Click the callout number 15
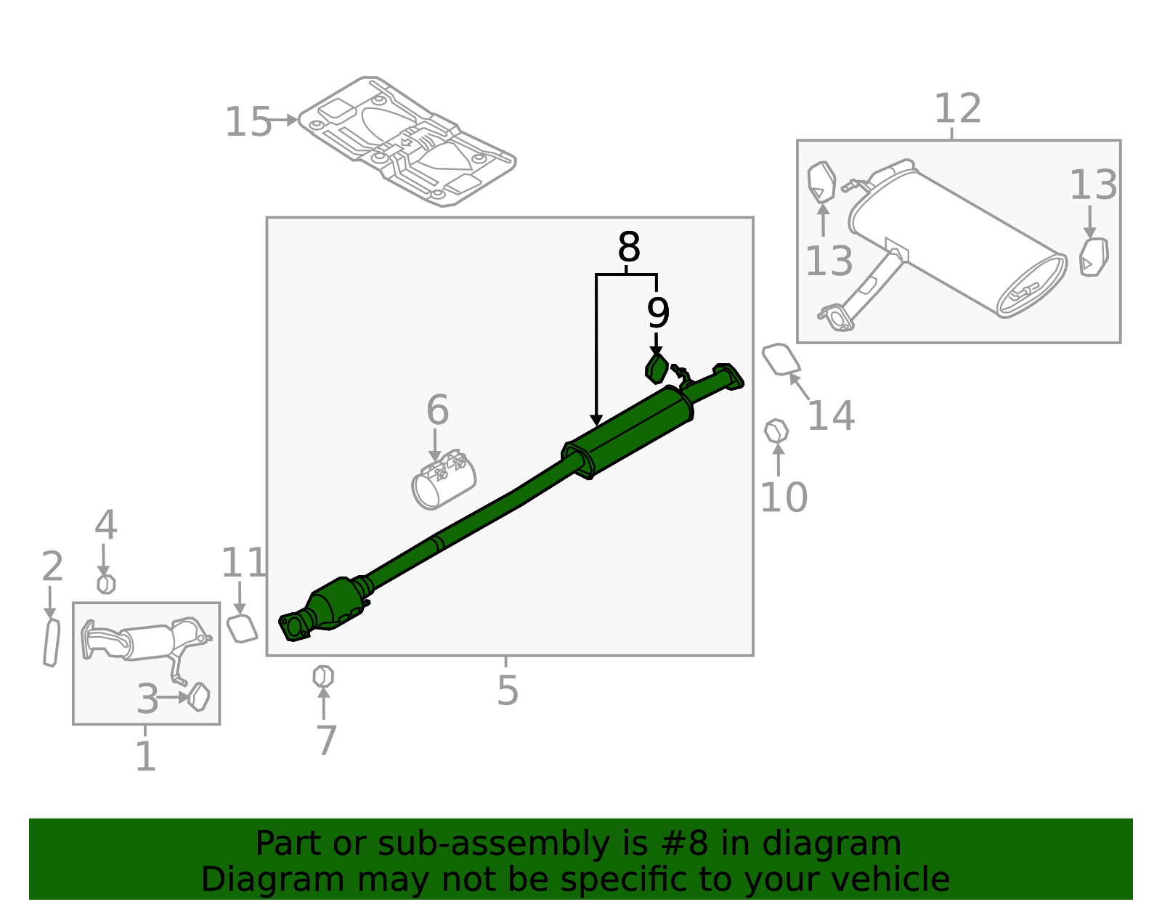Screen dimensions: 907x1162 tap(248, 122)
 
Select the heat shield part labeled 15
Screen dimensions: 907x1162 tap(407, 142)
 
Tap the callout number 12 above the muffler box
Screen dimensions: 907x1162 tap(957, 110)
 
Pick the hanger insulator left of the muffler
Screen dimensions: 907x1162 tap(821, 182)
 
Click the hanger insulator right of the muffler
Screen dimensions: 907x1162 tap(1094, 257)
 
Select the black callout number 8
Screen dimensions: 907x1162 tap(628, 248)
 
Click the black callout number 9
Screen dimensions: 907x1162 tap(658, 313)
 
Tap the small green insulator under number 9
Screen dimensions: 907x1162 tap(657, 369)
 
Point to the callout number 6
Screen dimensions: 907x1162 tap(437, 410)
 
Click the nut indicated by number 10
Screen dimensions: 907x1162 tap(776, 431)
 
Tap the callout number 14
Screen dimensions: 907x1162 tap(831, 416)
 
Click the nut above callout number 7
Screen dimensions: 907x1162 tap(323, 676)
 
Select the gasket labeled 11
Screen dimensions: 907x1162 tap(242, 628)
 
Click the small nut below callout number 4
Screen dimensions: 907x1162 tap(106, 584)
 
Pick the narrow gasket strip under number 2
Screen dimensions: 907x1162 tap(51, 643)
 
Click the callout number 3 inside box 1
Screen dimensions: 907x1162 tap(147, 699)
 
